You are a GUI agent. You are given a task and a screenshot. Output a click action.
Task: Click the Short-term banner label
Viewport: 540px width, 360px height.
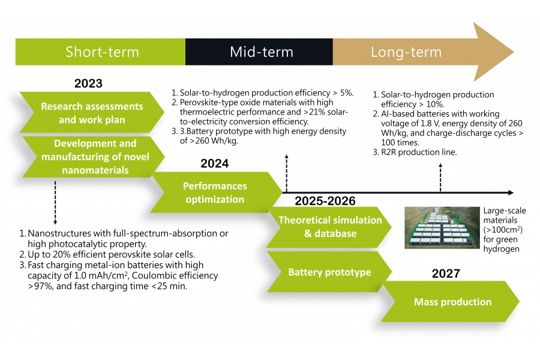[102, 52]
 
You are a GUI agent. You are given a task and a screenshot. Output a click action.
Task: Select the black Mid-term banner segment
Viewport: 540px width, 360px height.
[259, 52]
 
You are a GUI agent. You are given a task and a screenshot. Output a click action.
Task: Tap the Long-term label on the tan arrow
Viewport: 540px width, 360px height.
[406, 52]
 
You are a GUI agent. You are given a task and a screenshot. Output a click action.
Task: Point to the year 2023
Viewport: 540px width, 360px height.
[89, 83]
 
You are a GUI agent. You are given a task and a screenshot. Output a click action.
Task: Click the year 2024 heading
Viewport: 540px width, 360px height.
[215, 163]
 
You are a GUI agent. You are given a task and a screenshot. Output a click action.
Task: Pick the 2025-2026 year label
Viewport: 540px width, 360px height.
[325, 201]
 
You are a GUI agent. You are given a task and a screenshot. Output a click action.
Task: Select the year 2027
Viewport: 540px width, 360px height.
[446, 274]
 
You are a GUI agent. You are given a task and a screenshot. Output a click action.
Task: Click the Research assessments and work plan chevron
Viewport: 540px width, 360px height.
[92, 112]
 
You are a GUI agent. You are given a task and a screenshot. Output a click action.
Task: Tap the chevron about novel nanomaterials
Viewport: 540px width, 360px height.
[94, 157]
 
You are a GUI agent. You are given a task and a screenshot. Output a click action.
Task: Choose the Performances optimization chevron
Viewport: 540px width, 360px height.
[216, 192]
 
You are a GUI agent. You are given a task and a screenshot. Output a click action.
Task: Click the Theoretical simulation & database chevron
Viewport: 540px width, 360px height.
[329, 227]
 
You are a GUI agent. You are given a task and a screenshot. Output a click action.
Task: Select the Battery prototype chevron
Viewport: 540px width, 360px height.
[329, 272]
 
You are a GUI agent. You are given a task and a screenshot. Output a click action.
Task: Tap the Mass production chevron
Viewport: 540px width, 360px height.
[450, 302]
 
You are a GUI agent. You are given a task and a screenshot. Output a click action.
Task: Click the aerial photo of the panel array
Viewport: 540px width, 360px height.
[442, 228]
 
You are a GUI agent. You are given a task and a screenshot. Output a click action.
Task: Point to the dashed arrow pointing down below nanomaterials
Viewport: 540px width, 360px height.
[55, 203]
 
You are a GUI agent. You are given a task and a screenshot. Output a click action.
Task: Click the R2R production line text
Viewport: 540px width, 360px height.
[419, 152]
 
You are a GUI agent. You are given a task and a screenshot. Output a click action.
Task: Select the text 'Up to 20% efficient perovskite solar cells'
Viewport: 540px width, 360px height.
[111, 254]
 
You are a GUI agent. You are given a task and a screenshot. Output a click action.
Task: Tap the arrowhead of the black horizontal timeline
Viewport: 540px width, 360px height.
[511, 193]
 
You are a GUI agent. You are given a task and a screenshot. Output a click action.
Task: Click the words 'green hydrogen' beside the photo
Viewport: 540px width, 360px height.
[501, 244]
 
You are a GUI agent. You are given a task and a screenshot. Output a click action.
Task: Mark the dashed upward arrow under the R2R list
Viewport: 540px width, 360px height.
[440, 178]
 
